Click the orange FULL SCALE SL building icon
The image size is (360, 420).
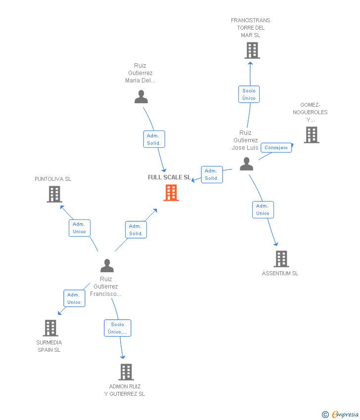[x=171, y=193]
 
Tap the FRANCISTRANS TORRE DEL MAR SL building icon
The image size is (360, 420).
[x=252, y=50]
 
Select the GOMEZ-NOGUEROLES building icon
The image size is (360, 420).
[x=312, y=135]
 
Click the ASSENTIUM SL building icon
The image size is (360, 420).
[x=281, y=259]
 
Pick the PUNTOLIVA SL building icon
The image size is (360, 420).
[x=54, y=194]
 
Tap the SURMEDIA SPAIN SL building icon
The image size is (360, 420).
[x=50, y=328]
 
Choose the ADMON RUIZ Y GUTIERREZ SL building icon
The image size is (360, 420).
[x=126, y=372]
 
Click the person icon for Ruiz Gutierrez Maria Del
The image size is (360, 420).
[x=141, y=97]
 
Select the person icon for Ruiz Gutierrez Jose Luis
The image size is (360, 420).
[x=246, y=164]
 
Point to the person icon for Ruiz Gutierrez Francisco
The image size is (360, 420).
[x=107, y=266]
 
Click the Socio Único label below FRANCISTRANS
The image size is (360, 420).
[x=249, y=94]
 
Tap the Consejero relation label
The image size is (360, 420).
[x=276, y=148]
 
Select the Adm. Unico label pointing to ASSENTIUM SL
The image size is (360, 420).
[x=263, y=210]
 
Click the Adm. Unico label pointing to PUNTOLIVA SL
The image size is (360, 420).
[x=79, y=228]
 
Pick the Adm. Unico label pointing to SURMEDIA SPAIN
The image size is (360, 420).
[x=74, y=298]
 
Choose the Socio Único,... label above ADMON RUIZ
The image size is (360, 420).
[x=118, y=328]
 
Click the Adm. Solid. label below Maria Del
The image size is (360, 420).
[x=153, y=139]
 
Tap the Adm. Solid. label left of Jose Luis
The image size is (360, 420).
[x=212, y=174]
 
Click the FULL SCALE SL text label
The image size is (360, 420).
[x=169, y=177]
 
